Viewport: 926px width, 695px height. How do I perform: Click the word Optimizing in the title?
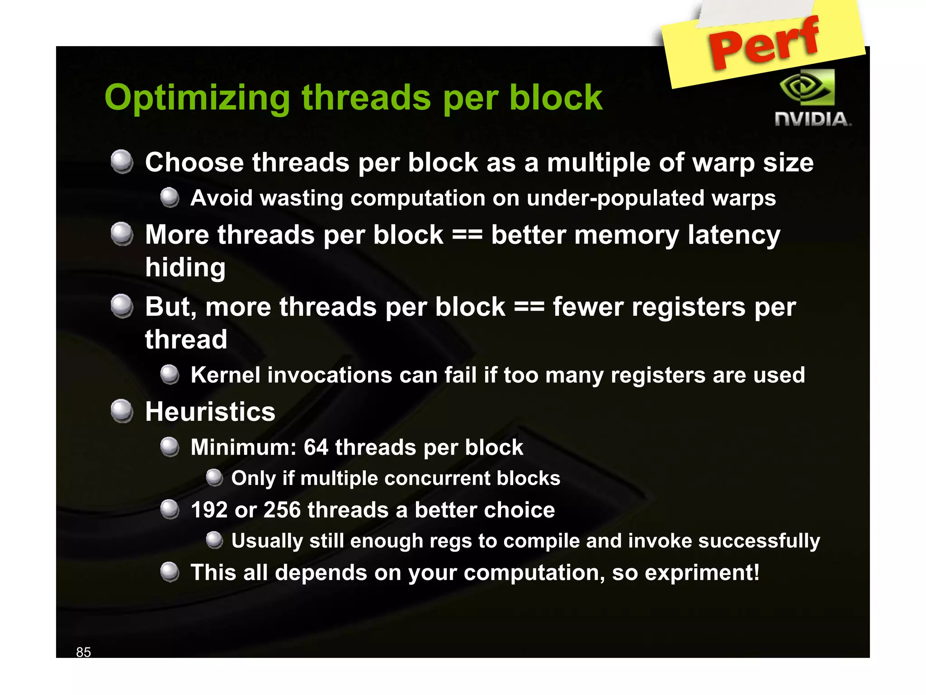[x=198, y=98]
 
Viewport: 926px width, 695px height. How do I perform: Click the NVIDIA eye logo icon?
[x=808, y=87]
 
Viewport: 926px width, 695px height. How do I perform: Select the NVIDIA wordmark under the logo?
[x=813, y=119]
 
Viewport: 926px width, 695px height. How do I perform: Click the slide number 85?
[x=83, y=652]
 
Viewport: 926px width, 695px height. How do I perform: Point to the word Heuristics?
[x=210, y=412]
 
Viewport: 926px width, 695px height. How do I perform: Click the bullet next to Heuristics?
[x=122, y=411]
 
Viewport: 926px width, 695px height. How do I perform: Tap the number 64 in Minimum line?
[x=316, y=447]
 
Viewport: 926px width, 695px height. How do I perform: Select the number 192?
[x=209, y=510]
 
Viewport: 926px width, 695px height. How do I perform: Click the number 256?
[x=282, y=510]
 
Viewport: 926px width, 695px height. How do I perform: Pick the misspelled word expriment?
[x=702, y=573]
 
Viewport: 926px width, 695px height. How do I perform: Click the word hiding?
[x=185, y=267]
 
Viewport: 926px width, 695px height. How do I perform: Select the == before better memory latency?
[x=467, y=235]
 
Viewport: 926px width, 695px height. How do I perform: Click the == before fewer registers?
[x=529, y=307]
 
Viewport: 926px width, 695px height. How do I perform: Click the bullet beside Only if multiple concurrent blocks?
[x=214, y=477]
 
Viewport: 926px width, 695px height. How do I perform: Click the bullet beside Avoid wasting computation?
[x=170, y=197]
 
